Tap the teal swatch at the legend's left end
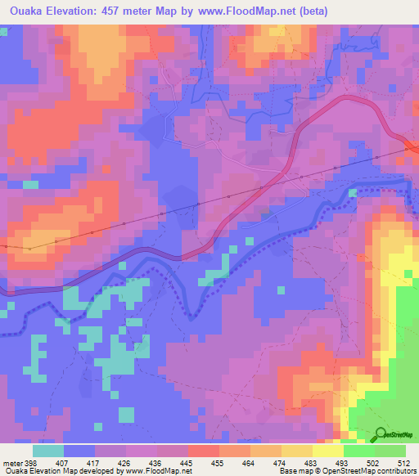point(48,451)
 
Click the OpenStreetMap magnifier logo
point(381,434)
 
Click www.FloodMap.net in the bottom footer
point(160,472)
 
